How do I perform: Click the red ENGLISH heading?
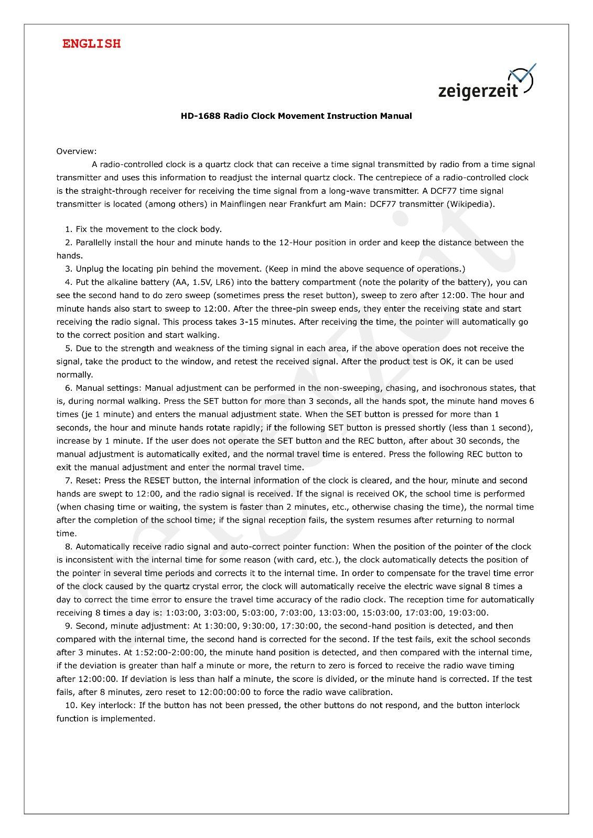point(91,44)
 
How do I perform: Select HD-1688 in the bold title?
point(201,116)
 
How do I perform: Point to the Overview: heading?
point(77,151)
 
